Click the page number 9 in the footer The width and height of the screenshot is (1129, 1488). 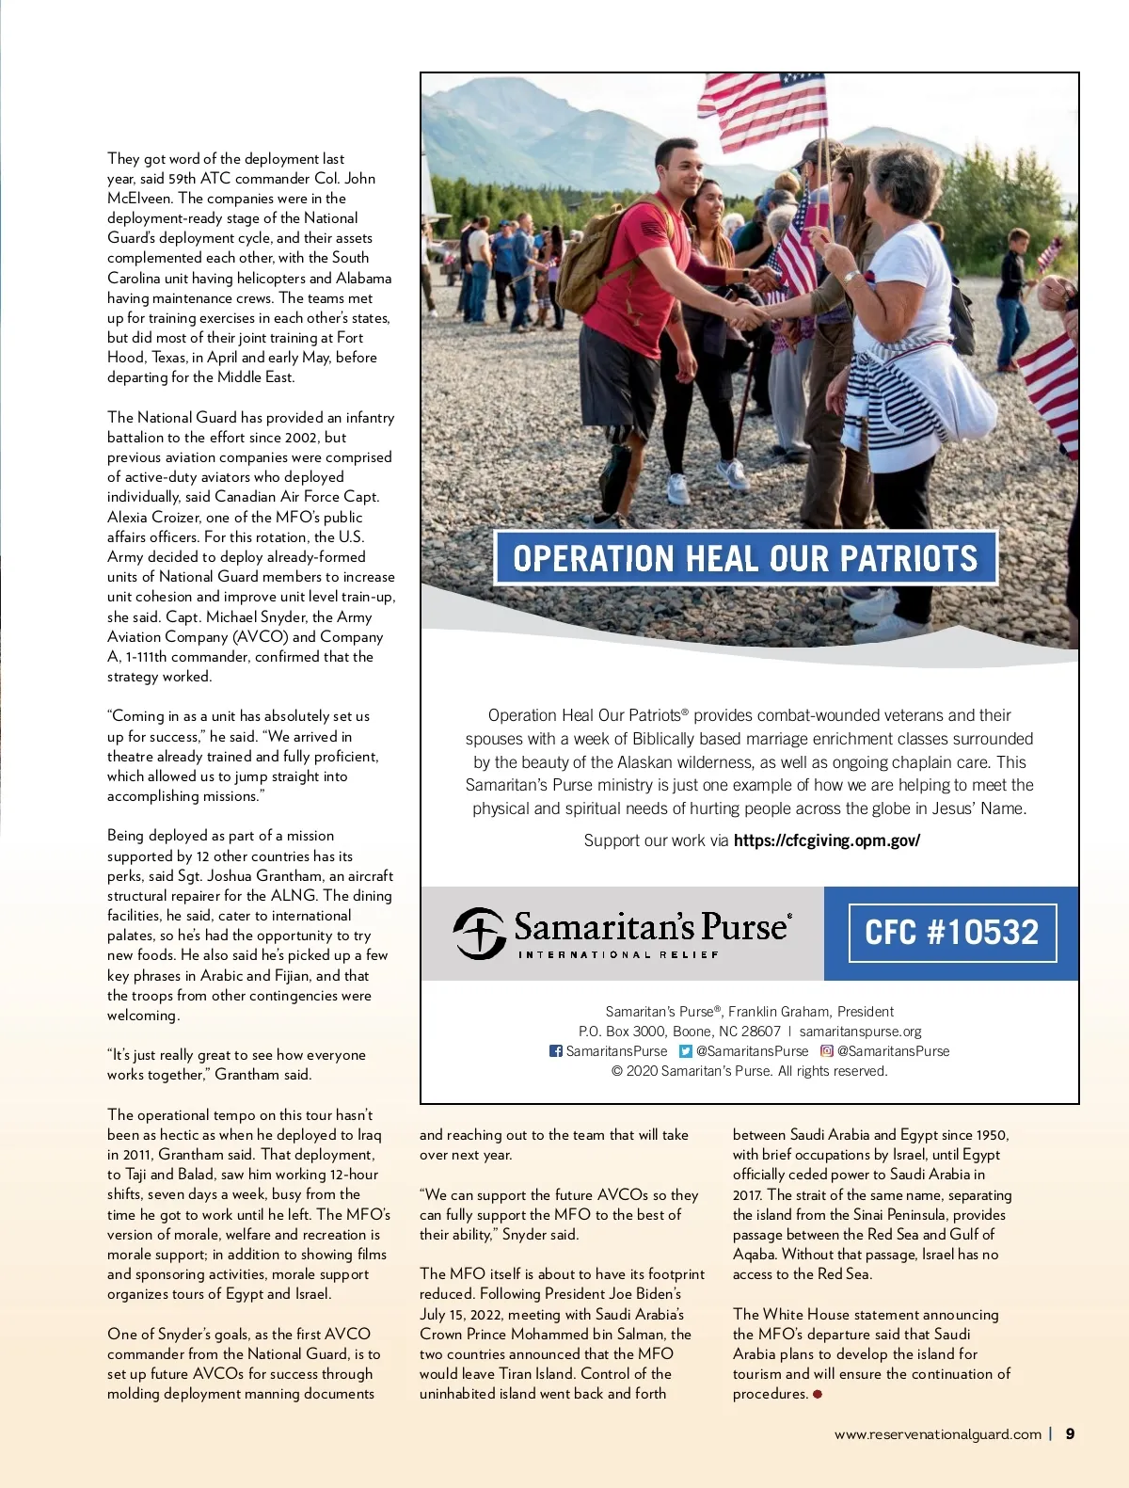1070,1433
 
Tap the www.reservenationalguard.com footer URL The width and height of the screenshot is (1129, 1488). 937,1434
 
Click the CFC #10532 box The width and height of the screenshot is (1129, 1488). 952,933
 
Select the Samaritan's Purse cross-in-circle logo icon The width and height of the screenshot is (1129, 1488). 480,933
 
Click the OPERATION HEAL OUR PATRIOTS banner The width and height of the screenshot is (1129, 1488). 745,558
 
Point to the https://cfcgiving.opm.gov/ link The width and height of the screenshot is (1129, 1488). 826,840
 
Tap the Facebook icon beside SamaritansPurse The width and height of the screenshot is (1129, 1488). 556,1051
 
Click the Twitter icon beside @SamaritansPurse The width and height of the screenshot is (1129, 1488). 686,1051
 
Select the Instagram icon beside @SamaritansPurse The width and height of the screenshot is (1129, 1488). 826,1051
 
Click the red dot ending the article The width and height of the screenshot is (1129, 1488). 818,1394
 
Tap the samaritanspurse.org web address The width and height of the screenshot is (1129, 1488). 860,1032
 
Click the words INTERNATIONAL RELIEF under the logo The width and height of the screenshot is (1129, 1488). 618,954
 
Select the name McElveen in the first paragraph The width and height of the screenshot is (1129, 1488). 139,198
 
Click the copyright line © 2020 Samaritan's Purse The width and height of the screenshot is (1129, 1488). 749,1071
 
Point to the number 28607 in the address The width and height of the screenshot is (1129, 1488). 760,1032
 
